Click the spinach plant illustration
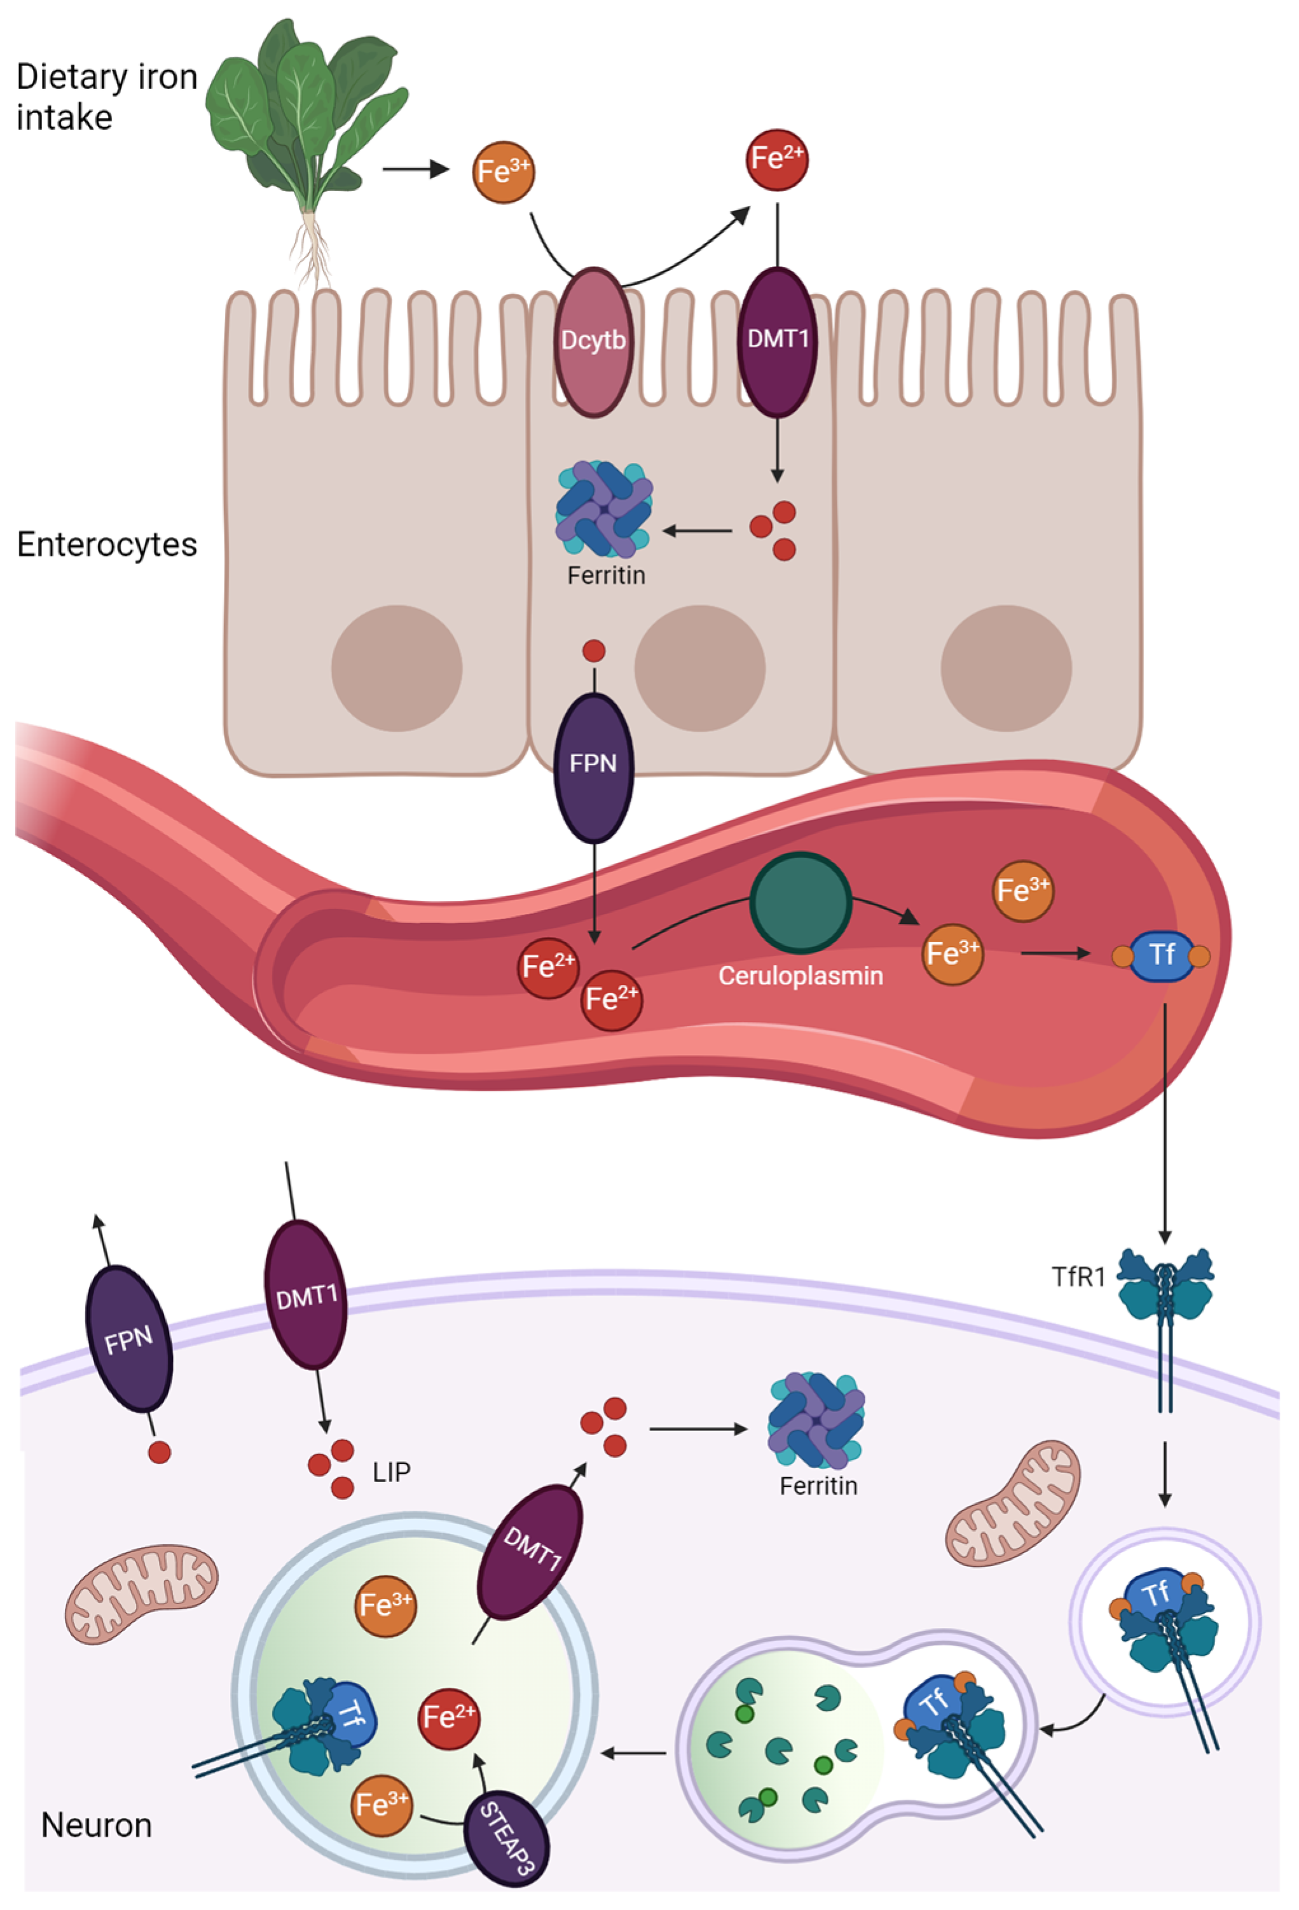click(308, 123)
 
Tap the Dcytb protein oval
click(593, 341)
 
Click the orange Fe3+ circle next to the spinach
click(504, 172)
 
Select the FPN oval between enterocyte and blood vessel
click(594, 765)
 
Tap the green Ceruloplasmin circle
click(801, 903)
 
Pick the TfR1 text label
click(1078, 1277)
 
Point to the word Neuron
click(97, 1825)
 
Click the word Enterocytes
click(107, 545)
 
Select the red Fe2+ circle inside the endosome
click(449, 1718)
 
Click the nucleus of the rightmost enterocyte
click(1006, 668)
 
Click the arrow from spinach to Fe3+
click(416, 170)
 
